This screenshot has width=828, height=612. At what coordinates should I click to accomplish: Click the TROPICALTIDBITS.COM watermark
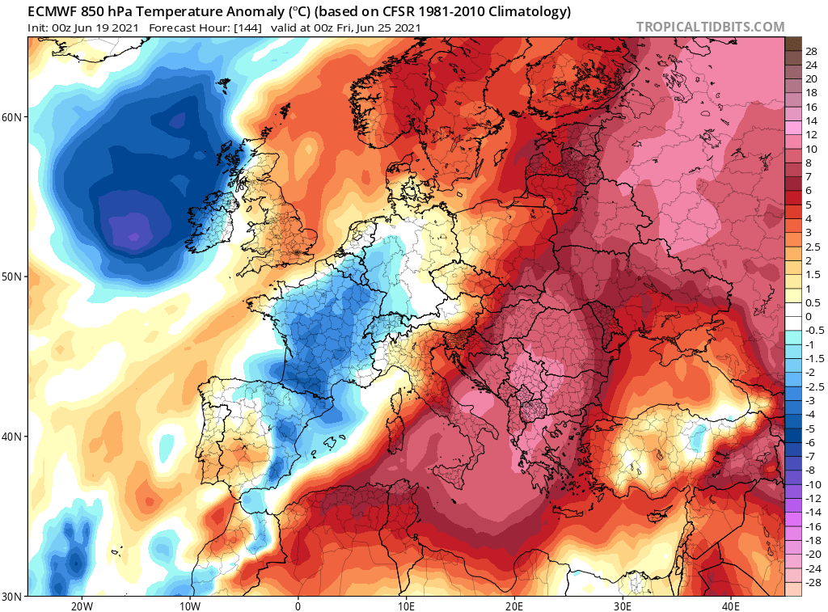(710, 27)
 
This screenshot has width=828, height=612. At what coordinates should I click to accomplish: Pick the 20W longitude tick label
(82, 606)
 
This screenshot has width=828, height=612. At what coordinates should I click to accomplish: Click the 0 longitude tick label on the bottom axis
(298, 606)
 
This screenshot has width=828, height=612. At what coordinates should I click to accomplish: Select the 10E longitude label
(406, 606)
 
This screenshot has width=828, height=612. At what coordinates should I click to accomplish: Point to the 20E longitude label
(514, 606)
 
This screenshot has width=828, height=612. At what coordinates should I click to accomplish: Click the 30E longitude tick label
(623, 606)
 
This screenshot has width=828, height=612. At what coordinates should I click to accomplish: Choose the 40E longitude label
(730, 606)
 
